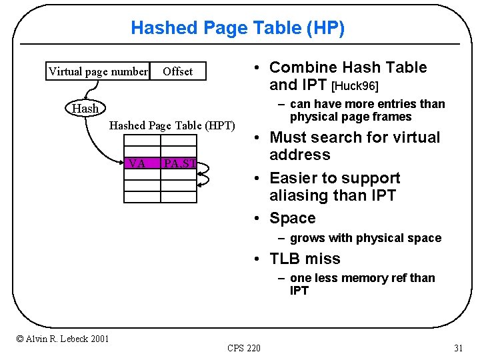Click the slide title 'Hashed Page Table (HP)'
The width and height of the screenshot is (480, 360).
(238, 28)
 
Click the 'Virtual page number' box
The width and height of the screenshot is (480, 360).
(98, 71)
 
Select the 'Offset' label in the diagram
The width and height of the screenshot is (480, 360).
(177, 71)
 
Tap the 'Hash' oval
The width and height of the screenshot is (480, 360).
(85, 108)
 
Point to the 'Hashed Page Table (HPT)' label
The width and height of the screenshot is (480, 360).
(172, 125)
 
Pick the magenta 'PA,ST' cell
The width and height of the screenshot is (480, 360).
(179, 163)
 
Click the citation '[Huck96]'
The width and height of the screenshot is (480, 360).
(355, 85)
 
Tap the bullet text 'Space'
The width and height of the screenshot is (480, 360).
(292, 218)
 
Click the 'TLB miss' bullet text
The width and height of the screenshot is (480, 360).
(305, 259)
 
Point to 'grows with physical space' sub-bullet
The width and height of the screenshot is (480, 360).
(365, 238)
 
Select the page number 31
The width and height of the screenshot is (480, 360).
(458, 347)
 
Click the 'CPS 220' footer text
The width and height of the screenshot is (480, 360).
(244, 347)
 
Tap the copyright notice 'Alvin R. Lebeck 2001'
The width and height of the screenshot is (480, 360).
(63, 339)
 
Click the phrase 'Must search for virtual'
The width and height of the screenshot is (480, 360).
(355, 137)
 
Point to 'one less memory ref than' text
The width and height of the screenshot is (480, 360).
(363, 278)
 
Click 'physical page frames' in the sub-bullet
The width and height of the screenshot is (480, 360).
(351, 117)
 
